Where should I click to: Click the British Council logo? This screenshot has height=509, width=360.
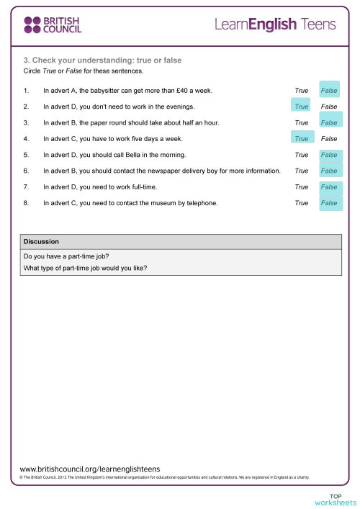pos(52,25)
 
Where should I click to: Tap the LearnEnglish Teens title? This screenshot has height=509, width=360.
pos(275,25)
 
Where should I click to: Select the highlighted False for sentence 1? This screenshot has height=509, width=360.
pos(329,91)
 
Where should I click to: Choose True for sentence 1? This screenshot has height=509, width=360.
pos(302,91)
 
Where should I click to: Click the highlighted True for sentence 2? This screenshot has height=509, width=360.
pos(302,107)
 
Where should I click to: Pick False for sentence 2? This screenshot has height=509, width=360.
pos(329,107)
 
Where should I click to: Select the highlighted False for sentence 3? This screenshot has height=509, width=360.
pos(329,123)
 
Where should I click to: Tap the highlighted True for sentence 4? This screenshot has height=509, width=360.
pos(302,139)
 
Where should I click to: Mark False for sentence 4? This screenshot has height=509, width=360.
pos(329,139)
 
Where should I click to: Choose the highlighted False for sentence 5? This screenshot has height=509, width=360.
pos(329,155)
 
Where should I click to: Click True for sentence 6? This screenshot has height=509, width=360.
pos(302,171)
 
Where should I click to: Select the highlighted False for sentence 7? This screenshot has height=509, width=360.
pos(329,187)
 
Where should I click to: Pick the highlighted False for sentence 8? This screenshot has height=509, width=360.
pos(329,203)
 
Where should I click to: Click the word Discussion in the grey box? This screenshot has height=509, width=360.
pos(41,241)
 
